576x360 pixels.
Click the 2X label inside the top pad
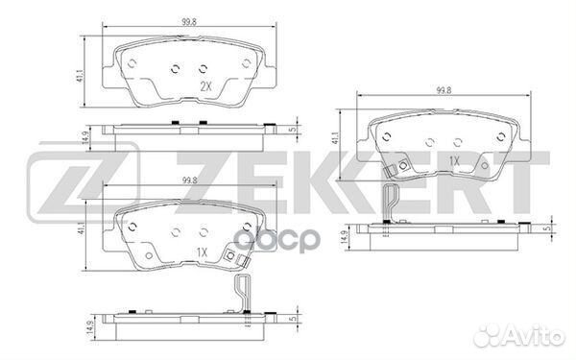coord(204,86)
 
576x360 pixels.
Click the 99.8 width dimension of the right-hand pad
coord(443,90)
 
